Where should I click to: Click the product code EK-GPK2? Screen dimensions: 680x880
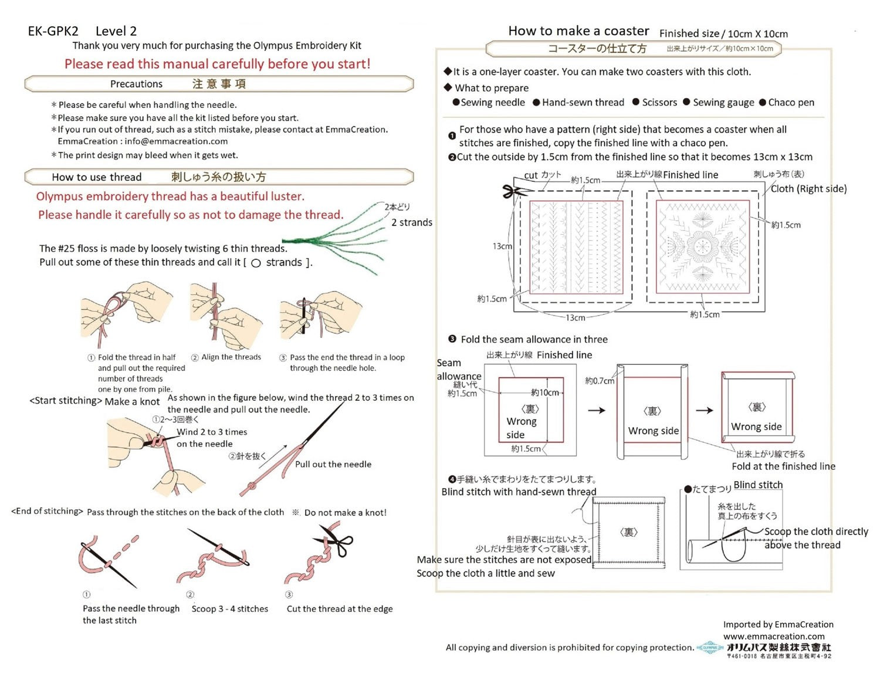point(53,31)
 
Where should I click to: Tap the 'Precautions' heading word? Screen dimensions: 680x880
point(136,84)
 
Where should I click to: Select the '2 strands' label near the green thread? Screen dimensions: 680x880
point(412,222)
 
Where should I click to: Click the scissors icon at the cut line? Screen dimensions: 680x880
point(515,191)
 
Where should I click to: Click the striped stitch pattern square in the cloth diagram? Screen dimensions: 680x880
point(576,247)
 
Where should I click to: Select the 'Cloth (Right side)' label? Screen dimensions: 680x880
point(808,188)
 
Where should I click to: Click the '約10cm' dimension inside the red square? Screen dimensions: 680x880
point(545,393)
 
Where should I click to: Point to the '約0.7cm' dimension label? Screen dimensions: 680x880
point(600,381)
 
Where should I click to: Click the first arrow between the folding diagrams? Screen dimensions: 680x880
point(597,410)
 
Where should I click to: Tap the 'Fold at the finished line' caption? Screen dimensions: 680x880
point(783,466)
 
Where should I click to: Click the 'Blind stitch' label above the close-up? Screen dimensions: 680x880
point(758,485)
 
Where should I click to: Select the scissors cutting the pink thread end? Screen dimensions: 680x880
point(335,540)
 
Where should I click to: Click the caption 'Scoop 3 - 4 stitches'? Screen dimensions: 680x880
point(229,609)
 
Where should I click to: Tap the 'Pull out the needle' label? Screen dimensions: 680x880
point(333,464)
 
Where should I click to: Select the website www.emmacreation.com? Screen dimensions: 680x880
point(773,636)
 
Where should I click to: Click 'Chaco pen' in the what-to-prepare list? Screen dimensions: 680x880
point(791,102)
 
